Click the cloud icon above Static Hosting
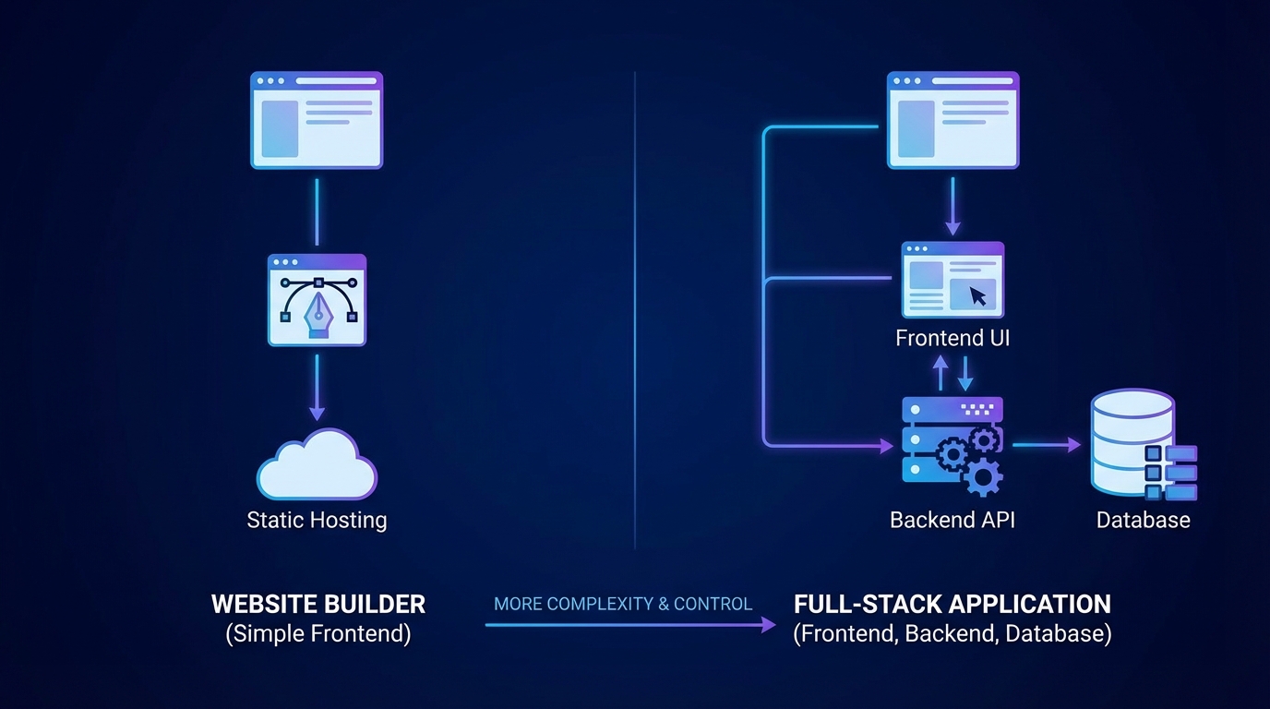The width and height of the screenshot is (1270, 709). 317,465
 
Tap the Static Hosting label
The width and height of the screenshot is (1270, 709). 317,520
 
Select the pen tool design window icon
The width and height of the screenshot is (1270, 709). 317,300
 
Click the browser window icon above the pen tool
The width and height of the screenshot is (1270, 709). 317,120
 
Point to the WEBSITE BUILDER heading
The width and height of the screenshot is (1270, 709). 318,605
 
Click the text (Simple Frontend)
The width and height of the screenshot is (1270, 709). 318,634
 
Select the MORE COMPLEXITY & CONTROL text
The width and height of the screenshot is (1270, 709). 623,605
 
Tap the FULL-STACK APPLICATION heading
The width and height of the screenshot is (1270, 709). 952,605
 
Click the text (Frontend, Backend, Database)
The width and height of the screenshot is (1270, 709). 952,634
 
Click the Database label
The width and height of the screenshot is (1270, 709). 1143,520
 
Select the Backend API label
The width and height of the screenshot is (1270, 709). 952,520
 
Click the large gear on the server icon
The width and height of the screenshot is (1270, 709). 982,476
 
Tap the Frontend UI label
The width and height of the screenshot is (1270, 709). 952,338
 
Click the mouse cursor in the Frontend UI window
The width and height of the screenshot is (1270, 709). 978,296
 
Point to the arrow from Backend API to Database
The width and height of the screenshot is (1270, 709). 1047,445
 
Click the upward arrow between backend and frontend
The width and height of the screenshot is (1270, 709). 941,373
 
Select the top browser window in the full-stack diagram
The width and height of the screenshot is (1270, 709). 952,120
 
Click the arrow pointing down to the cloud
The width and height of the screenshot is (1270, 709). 317,389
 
